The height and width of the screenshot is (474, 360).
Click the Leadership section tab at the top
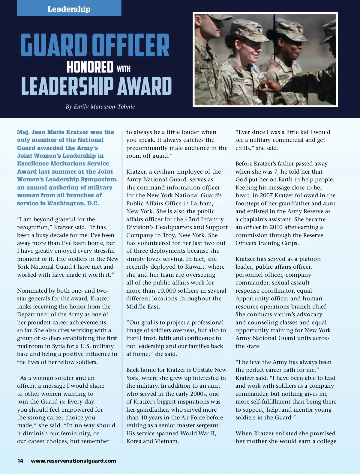pos(69,9)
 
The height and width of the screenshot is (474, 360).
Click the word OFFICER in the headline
pos(131,45)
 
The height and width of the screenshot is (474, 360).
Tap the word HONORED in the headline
pos(90,67)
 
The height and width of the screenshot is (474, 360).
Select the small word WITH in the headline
pos(124,69)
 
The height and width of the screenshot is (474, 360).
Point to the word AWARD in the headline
pos(144,86)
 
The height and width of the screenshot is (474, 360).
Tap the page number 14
pos(20,461)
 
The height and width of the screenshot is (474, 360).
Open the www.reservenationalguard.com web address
pos(73,461)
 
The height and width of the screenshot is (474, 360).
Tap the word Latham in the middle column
pos(202,204)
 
